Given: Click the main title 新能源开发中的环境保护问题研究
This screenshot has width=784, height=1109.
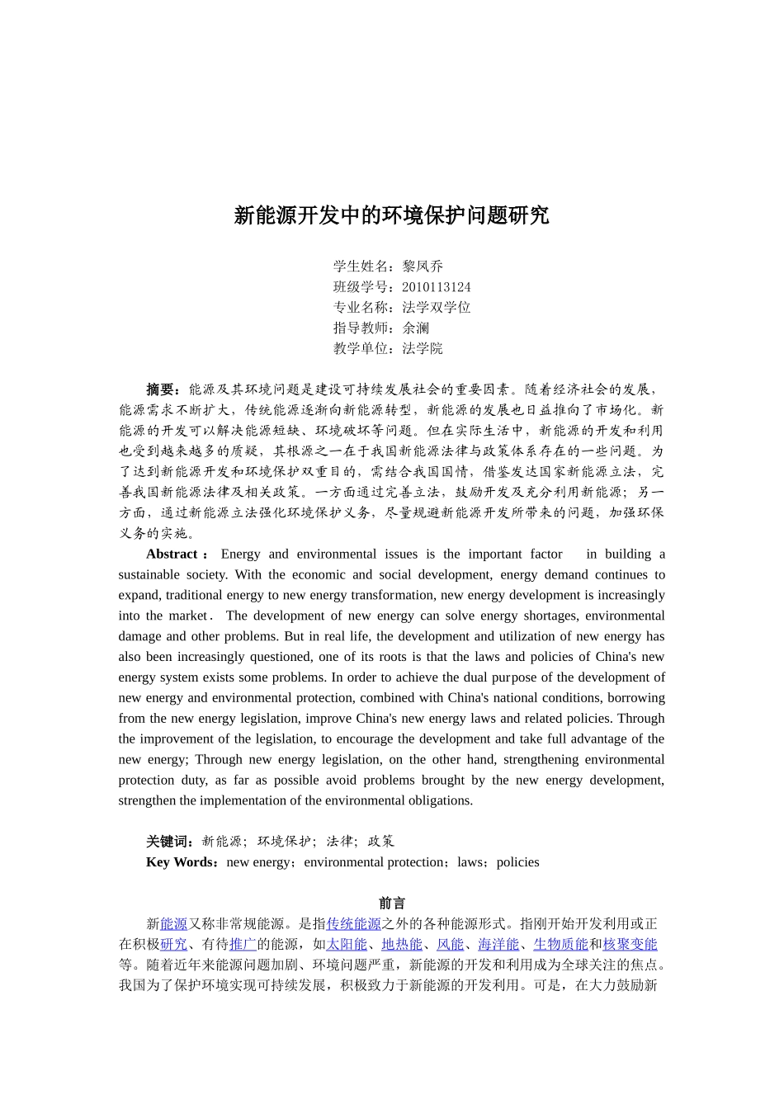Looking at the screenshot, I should click(391, 216).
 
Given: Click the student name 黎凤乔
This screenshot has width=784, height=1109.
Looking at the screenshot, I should click(423, 267).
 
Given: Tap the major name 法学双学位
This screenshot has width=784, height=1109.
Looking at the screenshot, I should click(436, 308).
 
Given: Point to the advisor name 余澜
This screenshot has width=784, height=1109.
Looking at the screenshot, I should click(416, 328).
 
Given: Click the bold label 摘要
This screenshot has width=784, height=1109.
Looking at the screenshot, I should click(161, 389).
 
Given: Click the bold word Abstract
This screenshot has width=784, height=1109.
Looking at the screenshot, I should click(172, 554).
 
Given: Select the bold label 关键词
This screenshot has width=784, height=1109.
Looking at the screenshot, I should click(168, 842).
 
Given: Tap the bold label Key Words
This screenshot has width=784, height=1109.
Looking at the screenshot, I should click(180, 862).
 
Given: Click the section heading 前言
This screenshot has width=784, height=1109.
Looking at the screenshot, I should click(392, 904).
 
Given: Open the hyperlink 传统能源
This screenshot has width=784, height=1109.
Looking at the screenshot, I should click(353, 924).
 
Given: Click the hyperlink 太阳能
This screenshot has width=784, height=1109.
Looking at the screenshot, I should click(347, 945).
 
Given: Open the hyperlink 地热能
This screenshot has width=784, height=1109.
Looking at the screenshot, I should click(402, 945).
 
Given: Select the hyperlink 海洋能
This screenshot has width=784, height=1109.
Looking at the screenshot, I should click(498, 945).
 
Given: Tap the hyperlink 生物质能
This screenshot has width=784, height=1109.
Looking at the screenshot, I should click(560, 945).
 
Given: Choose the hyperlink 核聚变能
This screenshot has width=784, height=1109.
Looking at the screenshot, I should click(631, 945).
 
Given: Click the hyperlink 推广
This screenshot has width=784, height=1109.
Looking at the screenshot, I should click(243, 945).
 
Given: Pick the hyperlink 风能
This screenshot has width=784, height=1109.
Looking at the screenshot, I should click(450, 945).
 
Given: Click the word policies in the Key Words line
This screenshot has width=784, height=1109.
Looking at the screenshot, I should click(518, 862).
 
